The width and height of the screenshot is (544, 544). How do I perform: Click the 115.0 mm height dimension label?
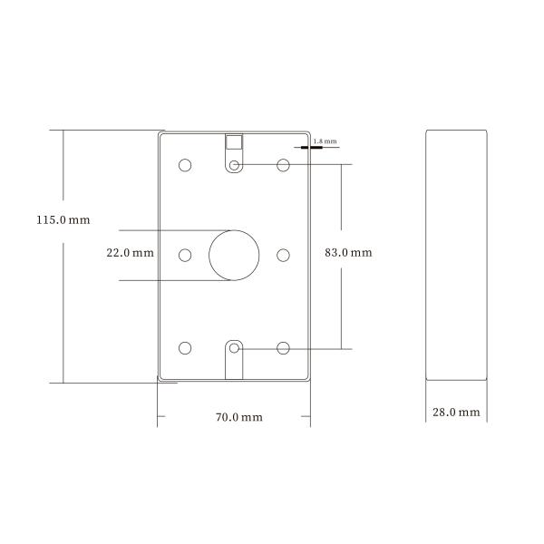(x=63, y=220)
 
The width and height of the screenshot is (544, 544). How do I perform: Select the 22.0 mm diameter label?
(x=129, y=253)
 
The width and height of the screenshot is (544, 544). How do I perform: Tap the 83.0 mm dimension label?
(x=348, y=253)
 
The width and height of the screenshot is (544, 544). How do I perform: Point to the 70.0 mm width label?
(x=238, y=417)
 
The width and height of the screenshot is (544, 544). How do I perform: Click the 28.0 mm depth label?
(x=455, y=413)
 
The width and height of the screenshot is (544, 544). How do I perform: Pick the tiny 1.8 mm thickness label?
(x=324, y=141)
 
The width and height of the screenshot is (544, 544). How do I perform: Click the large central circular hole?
(x=235, y=254)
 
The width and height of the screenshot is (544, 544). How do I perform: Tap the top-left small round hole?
(x=185, y=166)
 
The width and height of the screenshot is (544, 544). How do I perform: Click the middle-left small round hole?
(x=185, y=255)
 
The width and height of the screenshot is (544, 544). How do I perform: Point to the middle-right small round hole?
(x=283, y=255)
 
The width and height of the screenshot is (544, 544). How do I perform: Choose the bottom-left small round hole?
(x=185, y=347)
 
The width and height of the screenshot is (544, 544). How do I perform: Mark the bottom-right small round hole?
(x=283, y=347)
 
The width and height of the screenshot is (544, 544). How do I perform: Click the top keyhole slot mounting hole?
(x=235, y=165)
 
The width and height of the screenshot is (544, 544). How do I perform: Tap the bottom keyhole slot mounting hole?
(x=235, y=348)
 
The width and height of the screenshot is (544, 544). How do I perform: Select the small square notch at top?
(x=234, y=142)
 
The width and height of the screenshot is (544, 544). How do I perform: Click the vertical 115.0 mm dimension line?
(x=63, y=299)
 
